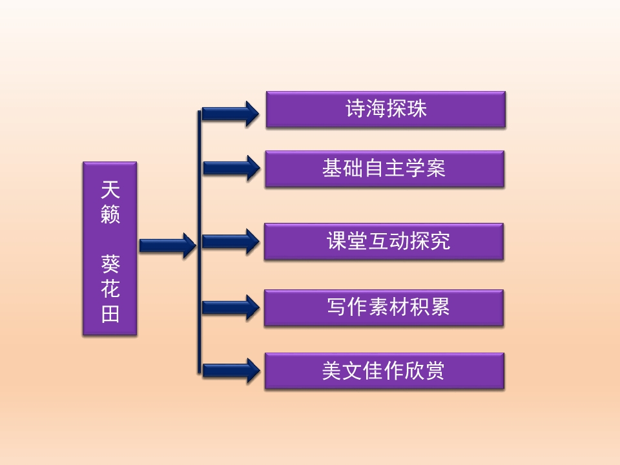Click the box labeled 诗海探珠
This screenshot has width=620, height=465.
385,109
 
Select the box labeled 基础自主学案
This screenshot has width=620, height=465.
384,169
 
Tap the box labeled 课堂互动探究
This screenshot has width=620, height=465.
384,242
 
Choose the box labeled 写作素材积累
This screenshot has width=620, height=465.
384,307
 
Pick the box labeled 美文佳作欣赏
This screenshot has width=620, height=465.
384,371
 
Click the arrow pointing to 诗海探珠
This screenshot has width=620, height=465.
231,114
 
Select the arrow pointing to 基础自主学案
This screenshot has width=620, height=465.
231,168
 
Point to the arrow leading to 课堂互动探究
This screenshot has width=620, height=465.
231,242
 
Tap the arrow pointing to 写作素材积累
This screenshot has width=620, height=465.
231,307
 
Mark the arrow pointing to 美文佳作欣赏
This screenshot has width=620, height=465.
231,370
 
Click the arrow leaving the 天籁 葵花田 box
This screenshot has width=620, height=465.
167,245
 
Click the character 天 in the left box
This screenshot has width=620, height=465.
110,190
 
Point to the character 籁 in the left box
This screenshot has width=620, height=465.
110,215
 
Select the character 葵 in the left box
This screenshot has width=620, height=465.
110,263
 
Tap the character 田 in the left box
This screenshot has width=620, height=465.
110,315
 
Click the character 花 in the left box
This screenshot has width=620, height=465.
110,289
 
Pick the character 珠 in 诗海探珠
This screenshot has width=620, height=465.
417,109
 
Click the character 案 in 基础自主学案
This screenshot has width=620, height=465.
436,169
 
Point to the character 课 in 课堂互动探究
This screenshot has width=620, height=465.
338,242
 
